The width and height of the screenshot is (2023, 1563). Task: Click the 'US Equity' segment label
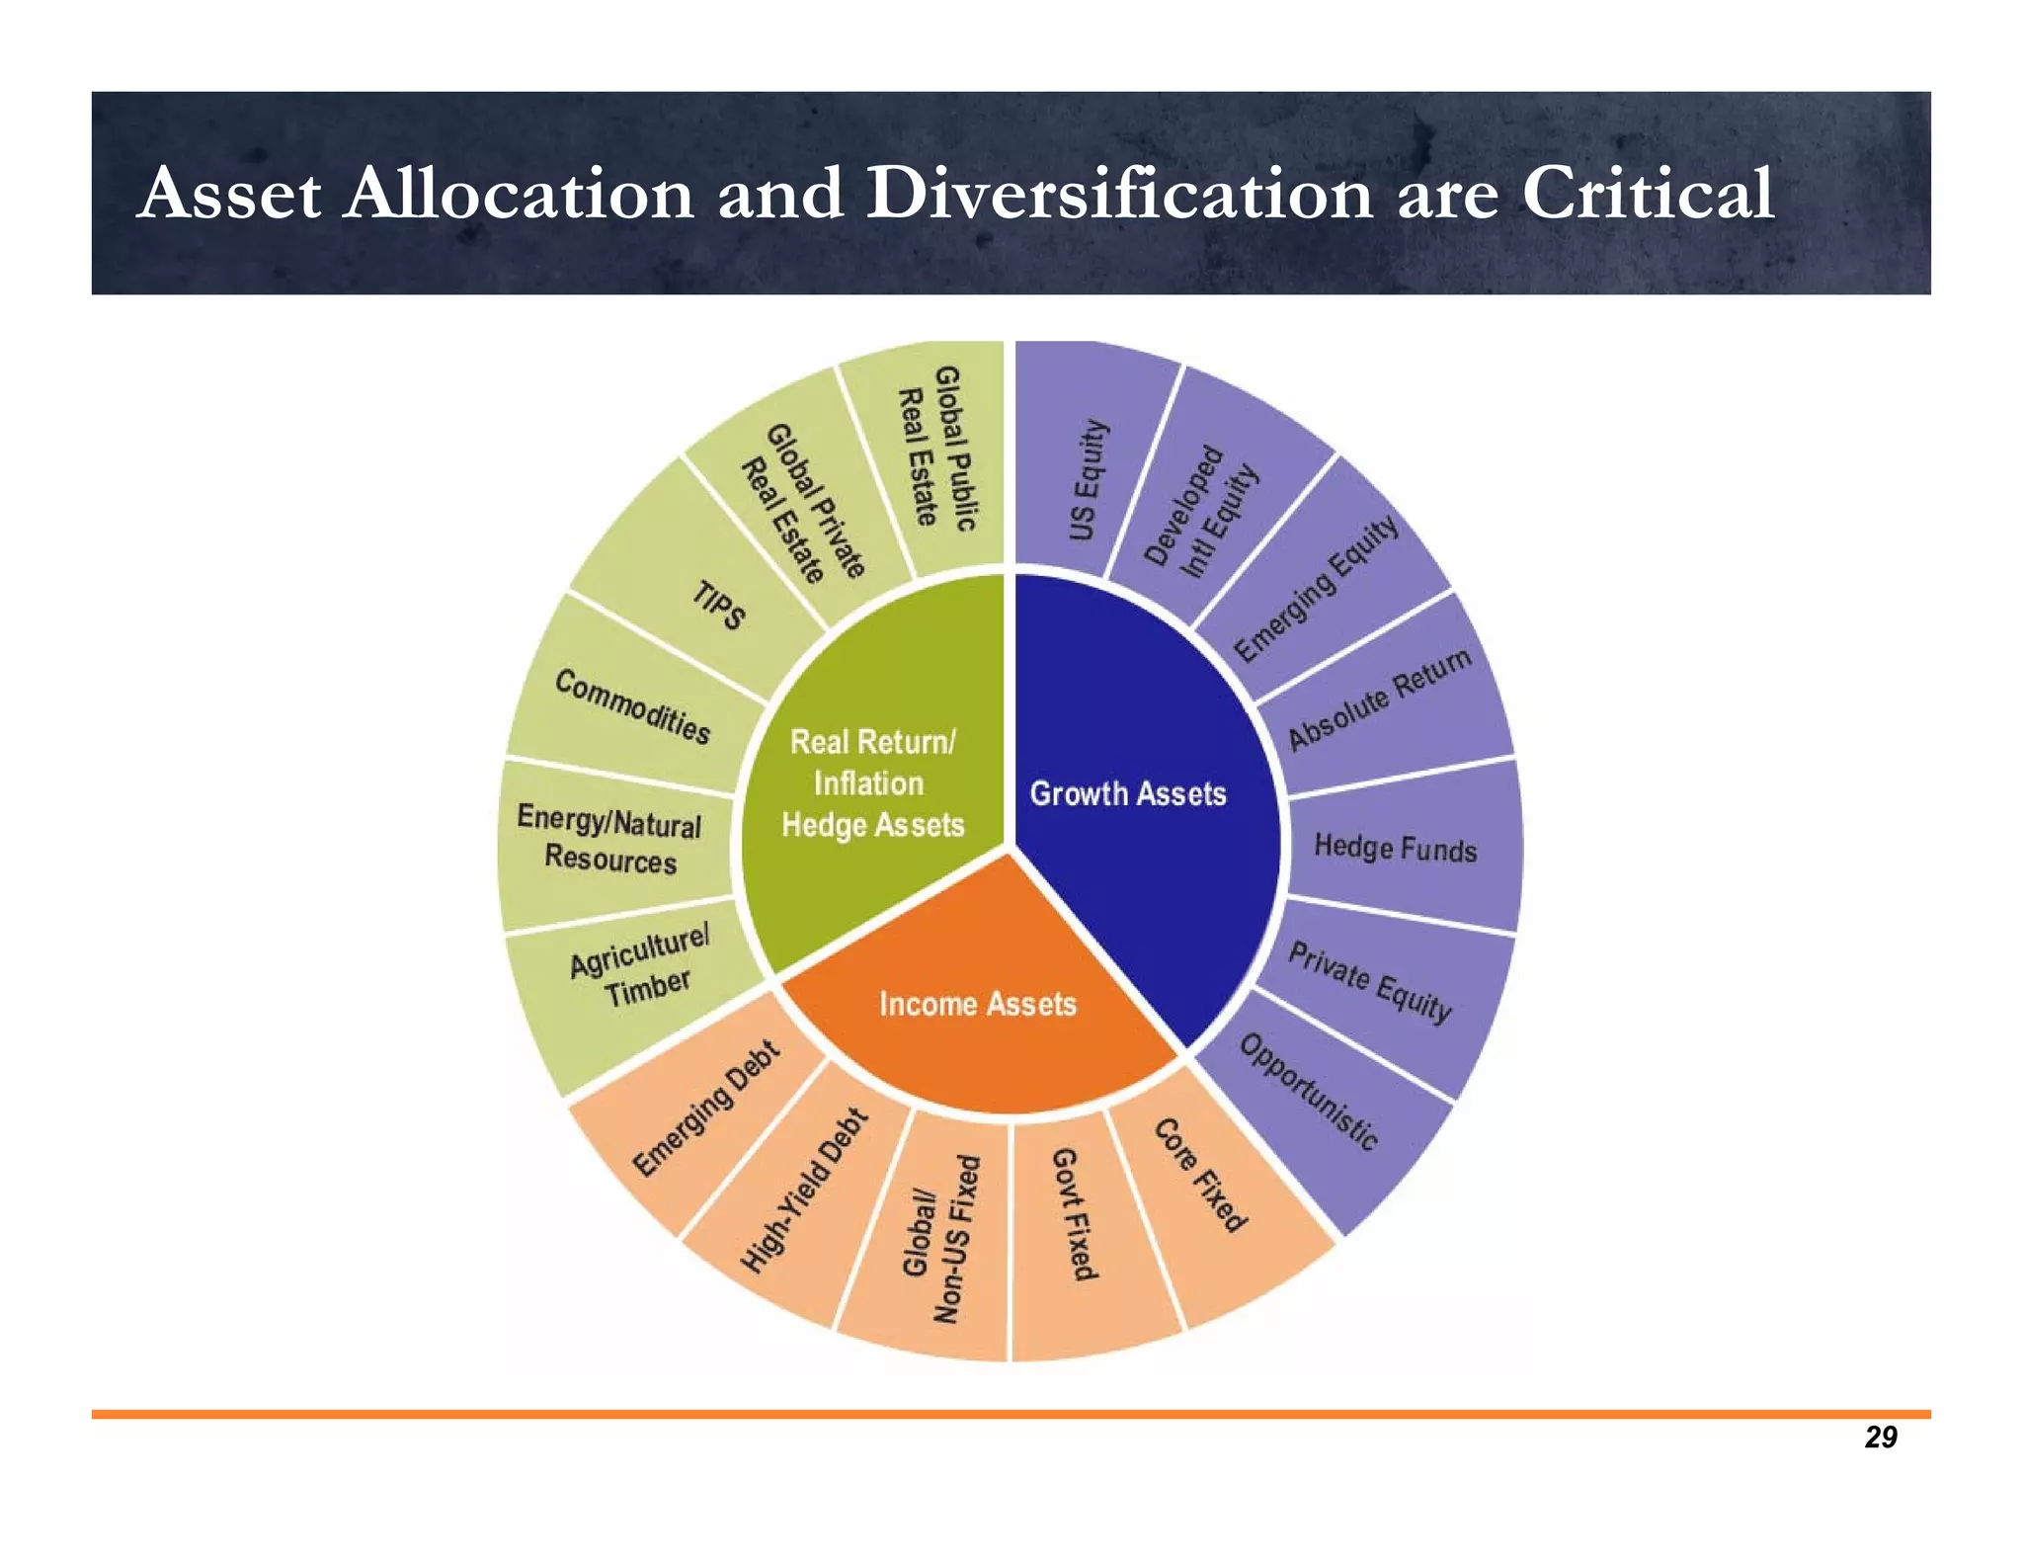(1088, 480)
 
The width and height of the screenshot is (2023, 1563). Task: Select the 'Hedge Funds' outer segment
(1395, 848)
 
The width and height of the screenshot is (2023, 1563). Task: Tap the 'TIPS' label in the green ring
(718, 605)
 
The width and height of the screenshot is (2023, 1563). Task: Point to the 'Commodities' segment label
(632, 706)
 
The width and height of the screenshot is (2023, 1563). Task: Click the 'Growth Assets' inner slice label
(1127, 793)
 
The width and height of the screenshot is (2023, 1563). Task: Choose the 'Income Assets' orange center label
(977, 1004)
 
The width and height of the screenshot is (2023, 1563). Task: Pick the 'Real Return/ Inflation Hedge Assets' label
(872, 783)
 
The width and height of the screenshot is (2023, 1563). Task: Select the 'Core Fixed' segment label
(1200, 1175)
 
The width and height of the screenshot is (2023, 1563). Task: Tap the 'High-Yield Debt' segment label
(804, 1191)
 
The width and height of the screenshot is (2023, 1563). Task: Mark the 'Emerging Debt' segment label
(705, 1110)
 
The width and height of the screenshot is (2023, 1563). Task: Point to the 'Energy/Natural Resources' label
(609, 840)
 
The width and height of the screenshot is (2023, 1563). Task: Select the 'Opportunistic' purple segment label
(1308, 1092)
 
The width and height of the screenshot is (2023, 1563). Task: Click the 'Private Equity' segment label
(1369, 982)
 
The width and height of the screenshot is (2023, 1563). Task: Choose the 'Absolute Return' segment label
(1379, 699)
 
